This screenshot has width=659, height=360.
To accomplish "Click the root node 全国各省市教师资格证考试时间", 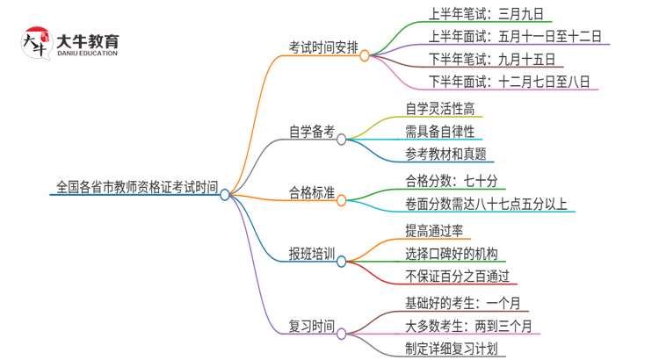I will (136, 187).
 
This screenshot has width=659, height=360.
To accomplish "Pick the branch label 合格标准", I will (312, 193).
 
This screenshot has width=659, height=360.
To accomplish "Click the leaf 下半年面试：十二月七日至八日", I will (510, 82).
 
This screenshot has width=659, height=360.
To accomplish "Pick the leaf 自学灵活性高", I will (442, 110).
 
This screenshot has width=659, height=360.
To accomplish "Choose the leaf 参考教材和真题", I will (446, 155).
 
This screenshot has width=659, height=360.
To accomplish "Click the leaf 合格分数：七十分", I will (452, 182).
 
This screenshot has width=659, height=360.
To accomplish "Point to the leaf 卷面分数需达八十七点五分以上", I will (486, 205).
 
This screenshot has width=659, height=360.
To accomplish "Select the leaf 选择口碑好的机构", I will (452, 255).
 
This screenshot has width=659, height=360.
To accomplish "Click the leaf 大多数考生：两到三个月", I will (467, 327).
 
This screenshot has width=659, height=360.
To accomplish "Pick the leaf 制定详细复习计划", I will (452, 349).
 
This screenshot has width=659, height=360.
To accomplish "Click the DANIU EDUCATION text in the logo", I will (87, 54).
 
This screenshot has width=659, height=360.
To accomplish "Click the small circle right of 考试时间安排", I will (364, 54).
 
